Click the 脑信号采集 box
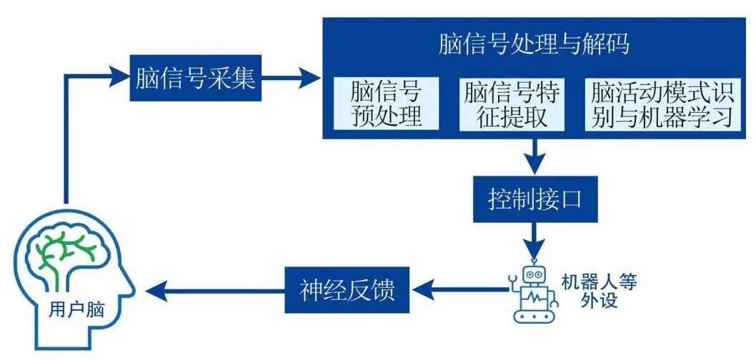[x=194, y=78]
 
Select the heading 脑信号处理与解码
[x=534, y=44]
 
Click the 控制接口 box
[x=534, y=199]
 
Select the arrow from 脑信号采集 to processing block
[x=289, y=78]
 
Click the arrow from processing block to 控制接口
[x=534, y=157]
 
